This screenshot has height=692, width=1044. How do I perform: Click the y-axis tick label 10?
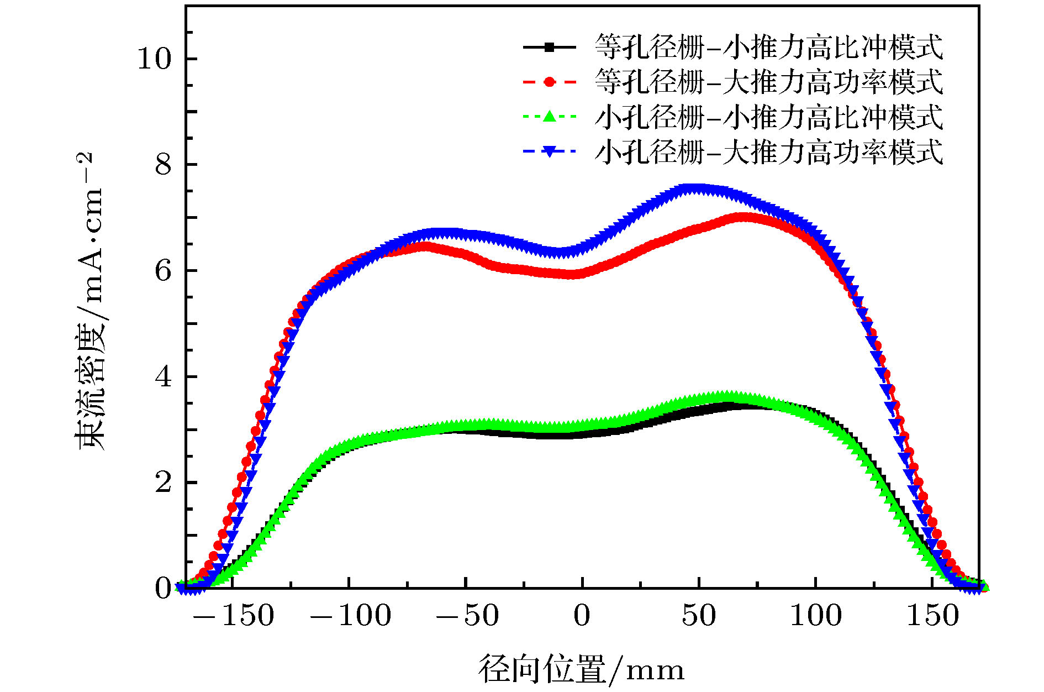coord(155,59)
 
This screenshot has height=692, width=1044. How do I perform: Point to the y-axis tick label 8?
coord(164,165)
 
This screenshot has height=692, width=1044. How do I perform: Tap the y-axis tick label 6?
coord(164,271)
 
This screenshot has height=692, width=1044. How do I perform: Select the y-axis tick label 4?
coord(164,377)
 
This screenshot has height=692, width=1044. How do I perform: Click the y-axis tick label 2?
coord(164,483)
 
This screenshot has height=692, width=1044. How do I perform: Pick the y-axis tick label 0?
coord(164,588)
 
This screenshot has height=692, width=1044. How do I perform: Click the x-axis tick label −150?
coord(234,616)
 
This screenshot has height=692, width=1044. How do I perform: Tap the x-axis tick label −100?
coord(351,616)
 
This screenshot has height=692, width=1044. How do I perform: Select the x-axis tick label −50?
coord(467,616)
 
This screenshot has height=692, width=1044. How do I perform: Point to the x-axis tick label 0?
coord(582,616)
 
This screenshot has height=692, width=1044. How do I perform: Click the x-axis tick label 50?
coord(699,616)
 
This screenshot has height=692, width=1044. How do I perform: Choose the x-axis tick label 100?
coord(816,616)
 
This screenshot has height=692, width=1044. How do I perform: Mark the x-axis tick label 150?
coord(932,616)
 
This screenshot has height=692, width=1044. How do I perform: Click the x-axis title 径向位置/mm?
coord(581,669)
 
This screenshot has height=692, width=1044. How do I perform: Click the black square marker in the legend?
coord(549,48)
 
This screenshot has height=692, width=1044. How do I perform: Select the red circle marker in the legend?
coord(549,82)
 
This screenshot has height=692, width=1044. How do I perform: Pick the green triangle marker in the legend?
coord(549,116)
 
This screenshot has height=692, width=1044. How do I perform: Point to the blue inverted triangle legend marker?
coord(549,151)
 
